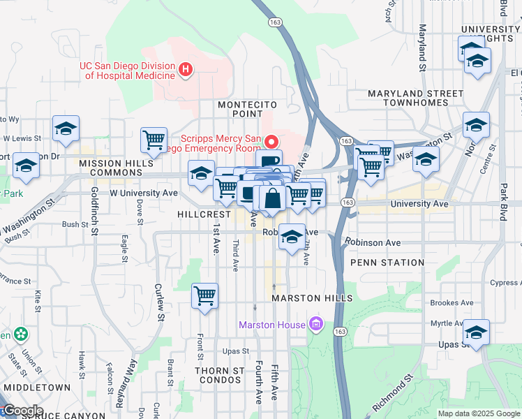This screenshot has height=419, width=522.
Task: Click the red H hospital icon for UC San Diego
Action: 186,69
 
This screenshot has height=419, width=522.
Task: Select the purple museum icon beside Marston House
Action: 316,325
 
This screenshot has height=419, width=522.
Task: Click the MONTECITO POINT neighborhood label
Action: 244,109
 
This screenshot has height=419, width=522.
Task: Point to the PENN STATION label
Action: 387,263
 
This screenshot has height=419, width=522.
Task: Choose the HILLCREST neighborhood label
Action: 204,214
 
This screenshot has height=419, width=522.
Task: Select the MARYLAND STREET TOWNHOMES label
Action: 416,98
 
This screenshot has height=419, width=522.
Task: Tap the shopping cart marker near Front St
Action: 204,295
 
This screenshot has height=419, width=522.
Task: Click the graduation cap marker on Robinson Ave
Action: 291,237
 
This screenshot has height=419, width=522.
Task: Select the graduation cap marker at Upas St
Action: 476,332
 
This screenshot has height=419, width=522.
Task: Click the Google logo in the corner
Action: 22,411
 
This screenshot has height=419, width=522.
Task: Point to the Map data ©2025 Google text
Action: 479,413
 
